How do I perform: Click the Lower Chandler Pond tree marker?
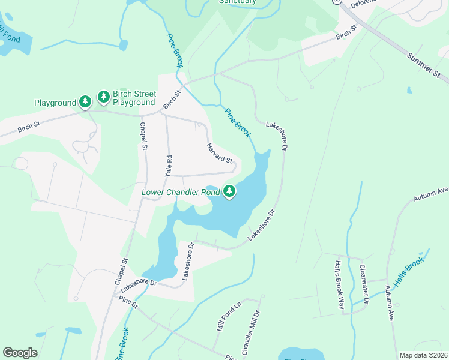(229, 191)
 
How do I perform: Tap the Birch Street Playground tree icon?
(104, 97)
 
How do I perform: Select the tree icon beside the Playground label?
(86, 102)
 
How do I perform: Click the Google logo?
(20, 353)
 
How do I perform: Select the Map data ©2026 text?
(423, 355)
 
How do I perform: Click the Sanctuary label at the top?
(237, 2)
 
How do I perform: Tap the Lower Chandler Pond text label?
(182, 193)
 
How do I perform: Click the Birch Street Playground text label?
(134, 98)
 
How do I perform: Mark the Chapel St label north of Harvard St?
(143, 137)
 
